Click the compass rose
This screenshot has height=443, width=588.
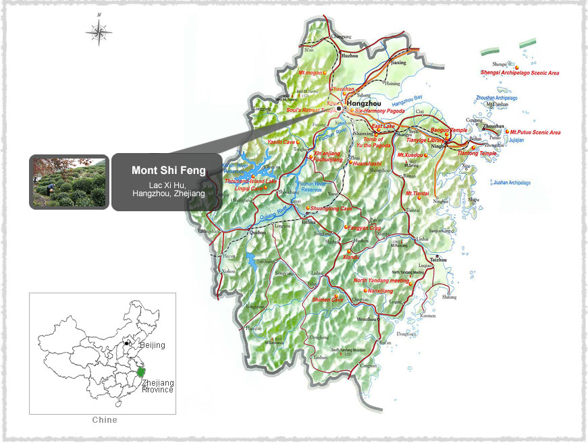tap(99, 30)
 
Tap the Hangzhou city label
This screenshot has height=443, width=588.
tap(365, 104)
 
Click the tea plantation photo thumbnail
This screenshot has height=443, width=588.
tap(69, 182)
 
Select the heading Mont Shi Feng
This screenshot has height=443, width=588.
tap(168, 171)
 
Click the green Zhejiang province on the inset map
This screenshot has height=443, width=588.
tap(141, 372)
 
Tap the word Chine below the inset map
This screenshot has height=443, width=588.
tap(104, 420)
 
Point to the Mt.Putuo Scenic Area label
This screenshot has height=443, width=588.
tap(535, 132)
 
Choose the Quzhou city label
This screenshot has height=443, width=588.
tap(258, 233)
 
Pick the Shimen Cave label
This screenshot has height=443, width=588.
tap(327, 299)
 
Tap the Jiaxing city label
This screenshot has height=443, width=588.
tap(399, 63)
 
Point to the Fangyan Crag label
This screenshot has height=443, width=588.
tap(364, 228)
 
